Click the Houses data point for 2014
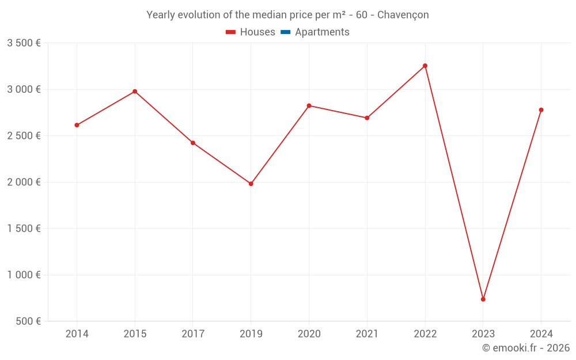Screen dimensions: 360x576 (77, 125)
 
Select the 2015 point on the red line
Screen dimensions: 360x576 (135, 91)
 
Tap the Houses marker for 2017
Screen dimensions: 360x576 (193, 143)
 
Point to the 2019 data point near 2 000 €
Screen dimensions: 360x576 (251, 184)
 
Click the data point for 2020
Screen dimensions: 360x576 (309, 105)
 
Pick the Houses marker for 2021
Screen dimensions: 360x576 (367, 118)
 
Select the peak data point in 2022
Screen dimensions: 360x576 (425, 66)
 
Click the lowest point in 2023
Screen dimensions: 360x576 (483, 299)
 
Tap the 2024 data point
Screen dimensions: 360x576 (541, 110)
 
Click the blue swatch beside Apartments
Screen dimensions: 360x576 (285, 32)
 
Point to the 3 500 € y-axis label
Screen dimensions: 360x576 (24, 43)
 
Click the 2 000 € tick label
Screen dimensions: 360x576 (24, 182)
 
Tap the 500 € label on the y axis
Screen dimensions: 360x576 (29, 321)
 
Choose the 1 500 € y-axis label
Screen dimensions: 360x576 (24, 229)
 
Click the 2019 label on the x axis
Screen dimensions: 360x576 (251, 334)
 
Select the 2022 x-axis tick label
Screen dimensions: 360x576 (425, 334)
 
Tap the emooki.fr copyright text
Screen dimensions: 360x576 (525, 348)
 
